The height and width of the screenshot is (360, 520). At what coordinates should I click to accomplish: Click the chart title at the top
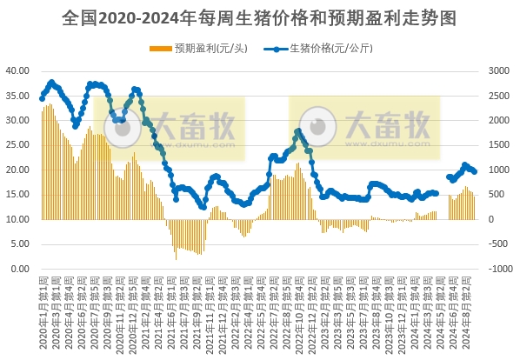click(x=259, y=18)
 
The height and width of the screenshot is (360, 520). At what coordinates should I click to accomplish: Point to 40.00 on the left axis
click(x=19, y=70)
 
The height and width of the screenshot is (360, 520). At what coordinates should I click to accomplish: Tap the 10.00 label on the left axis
click(x=19, y=220)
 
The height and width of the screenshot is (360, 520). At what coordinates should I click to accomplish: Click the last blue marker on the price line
click(x=474, y=171)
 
